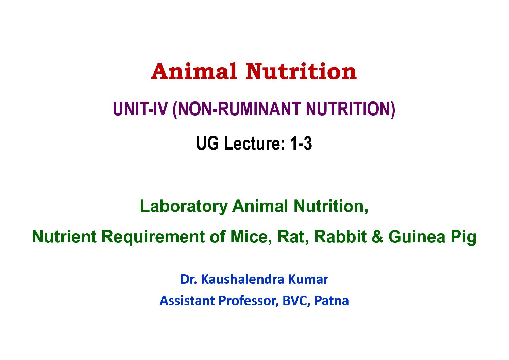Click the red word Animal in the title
(x=194, y=71)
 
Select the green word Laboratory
(x=184, y=207)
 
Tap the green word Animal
(x=260, y=206)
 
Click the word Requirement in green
(x=153, y=237)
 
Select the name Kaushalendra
(x=242, y=279)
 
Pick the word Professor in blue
(x=248, y=301)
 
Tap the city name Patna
(x=331, y=301)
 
